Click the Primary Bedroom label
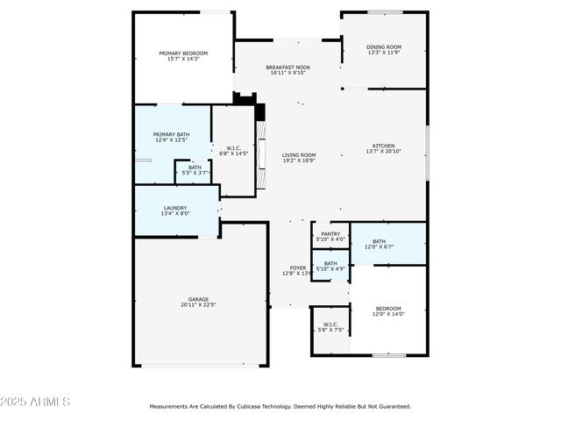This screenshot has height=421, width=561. (183, 53)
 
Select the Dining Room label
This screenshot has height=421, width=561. (384, 46)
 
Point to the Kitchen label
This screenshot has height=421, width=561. (384, 146)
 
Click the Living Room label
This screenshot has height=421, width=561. (299, 155)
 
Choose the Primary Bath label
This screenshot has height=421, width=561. (172, 133)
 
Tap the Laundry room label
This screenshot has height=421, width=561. (174, 208)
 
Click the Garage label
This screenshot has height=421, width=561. (198, 299)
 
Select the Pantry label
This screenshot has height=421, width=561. (330, 233)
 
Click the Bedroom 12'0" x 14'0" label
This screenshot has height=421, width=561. (388, 308)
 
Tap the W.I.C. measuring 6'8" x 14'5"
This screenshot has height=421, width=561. (233, 148)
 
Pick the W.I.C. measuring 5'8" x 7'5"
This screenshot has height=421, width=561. (330, 325)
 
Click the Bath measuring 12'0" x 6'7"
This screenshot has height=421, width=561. (379, 241)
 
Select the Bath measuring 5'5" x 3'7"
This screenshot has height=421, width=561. (194, 168)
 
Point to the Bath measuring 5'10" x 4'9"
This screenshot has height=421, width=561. (330, 263)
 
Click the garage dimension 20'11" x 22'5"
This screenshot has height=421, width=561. (198, 305)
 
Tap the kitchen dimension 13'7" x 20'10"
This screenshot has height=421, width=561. (384, 152)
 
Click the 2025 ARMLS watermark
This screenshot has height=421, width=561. (35, 402)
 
